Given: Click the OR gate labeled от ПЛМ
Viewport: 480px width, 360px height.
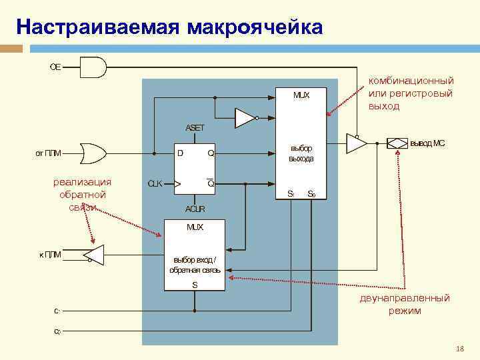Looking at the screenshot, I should click(92, 153).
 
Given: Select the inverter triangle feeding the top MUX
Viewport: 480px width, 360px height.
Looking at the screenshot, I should click(245, 119).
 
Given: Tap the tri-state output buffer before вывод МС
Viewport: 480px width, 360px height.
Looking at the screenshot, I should click(357, 143).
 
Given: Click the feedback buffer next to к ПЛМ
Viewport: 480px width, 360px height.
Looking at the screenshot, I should click(93, 253).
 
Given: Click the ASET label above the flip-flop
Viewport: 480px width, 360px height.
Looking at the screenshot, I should click(195, 127).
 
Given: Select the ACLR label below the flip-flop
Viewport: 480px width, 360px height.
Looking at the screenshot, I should click(195, 209).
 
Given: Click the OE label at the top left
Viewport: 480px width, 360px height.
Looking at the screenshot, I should click(56, 67).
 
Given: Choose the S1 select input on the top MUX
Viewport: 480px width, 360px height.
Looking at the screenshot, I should click(291, 194).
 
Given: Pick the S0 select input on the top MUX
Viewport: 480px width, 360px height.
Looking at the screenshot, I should click(311, 194).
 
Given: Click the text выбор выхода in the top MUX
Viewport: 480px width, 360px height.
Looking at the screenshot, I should click(301, 153).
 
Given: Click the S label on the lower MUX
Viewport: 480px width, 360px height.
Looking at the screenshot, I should click(195, 285).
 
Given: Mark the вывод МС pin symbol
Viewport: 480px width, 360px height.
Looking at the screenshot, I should click(397, 143).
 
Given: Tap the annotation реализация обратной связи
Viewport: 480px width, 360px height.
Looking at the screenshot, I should click(83, 194).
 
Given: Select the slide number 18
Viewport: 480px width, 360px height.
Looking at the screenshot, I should click(459, 349).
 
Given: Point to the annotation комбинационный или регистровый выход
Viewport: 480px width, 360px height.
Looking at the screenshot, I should click(411, 93).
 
